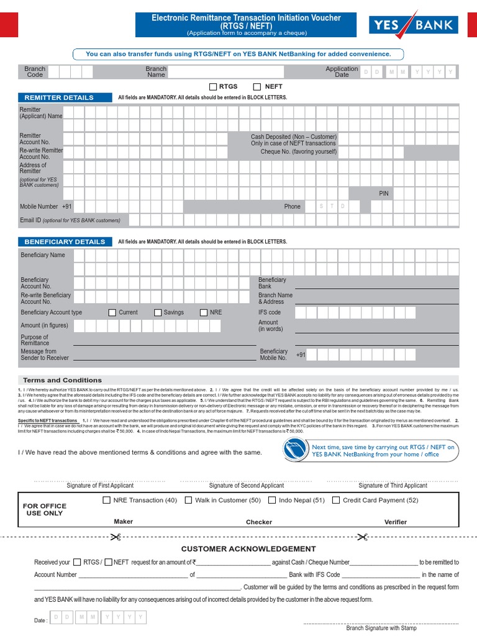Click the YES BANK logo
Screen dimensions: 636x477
pyautogui.click(x=414, y=25)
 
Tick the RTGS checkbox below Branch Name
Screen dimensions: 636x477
pyautogui.click(x=213, y=87)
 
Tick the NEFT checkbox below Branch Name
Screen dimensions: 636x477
pyautogui.click(x=257, y=87)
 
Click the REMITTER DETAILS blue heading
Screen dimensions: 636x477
pyautogui.click(x=59, y=98)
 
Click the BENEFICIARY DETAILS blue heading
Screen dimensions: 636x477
pyautogui.click(x=65, y=242)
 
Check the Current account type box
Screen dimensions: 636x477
pyautogui.click(x=112, y=312)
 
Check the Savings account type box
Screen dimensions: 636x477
pyautogui.click(x=158, y=312)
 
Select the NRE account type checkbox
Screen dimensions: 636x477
pyautogui.click(x=204, y=312)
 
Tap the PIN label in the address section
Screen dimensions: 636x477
pyautogui.click(x=384, y=194)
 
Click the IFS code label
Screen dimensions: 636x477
pyautogui.click(x=270, y=312)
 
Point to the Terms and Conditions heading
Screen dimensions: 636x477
pyautogui.click(x=62, y=380)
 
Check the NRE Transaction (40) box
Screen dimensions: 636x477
pyautogui.click(x=107, y=500)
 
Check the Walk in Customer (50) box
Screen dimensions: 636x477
pyautogui.click(x=188, y=500)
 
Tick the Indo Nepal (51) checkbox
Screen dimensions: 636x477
pyautogui.click(x=273, y=500)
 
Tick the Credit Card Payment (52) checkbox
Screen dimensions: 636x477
pyautogui.click(x=336, y=500)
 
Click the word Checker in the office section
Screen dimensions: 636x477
pyautogui.click(x=259, y=522)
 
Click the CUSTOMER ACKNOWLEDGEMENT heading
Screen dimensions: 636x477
pyautogui.click(x=248, y=549)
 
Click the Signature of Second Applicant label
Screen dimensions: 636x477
pyautogui.click(x=247, y=486)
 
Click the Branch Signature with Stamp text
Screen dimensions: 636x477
pyautogui.click(x=381, y=628)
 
